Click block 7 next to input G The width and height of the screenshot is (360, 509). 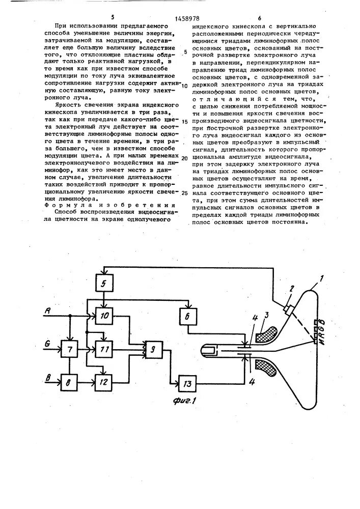pos(69,350)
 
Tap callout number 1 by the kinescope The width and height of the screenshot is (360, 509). pos(321,279)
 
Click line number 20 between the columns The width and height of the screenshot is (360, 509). pos(185,158)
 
